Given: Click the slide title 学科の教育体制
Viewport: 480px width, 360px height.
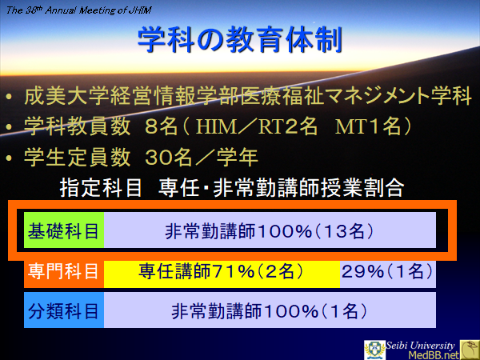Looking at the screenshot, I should click(x=240, y=38).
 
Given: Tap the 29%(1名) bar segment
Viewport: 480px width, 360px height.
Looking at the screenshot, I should click(x=388, y=272).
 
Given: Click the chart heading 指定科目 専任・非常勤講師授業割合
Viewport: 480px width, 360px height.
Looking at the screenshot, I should click(x=232, y=189).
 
